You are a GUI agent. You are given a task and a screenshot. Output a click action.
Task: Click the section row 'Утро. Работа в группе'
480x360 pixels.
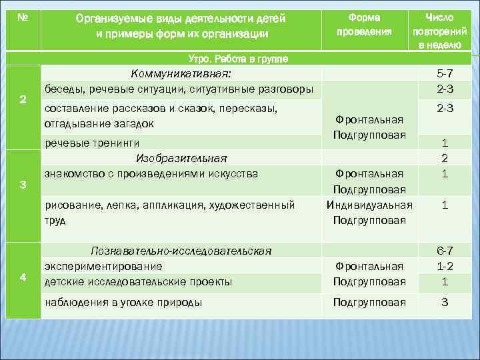point(239,59)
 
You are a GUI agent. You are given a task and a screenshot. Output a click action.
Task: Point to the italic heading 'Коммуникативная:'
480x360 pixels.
point(181,73)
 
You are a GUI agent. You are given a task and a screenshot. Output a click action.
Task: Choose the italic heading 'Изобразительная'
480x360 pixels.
point(181,158)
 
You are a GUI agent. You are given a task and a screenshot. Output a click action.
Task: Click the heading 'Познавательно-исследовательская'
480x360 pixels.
point(181,251)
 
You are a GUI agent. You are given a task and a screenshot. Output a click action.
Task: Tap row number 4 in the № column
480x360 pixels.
point(23,277)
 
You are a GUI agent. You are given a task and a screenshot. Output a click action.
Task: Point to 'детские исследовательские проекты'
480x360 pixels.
point(138,281)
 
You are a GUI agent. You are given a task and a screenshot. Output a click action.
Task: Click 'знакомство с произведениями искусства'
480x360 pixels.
point(151,173)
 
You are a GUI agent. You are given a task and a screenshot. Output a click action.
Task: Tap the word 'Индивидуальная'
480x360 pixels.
point(369,205)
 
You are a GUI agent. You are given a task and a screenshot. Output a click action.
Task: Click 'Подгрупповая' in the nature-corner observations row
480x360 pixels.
point(369,302)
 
